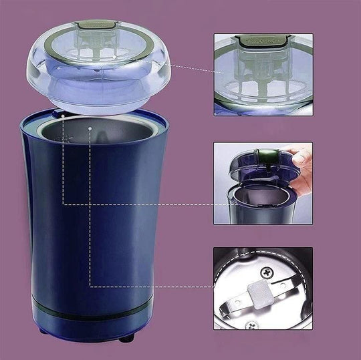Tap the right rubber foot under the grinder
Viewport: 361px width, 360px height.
[138, 330]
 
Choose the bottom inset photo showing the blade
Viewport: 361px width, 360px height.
[263, 289]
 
